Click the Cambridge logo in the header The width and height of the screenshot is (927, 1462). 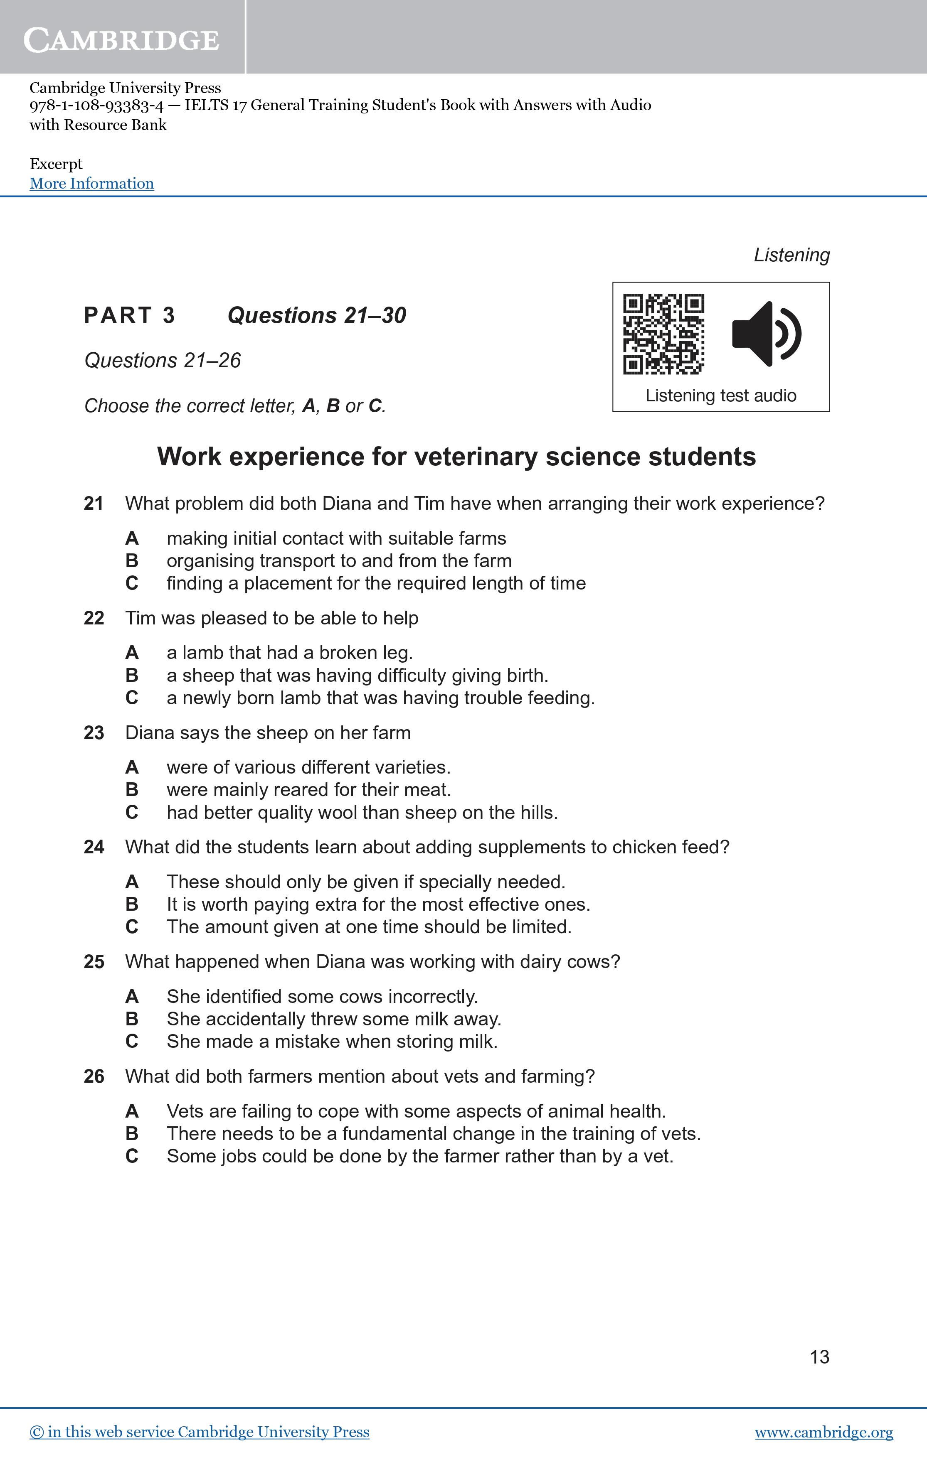pyautogui.click(x=121, y=40)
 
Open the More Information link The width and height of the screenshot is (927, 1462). pyautogui.click(x=92, y=183)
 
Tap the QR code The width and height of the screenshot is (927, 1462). pyautogui.click(x=663, y=334)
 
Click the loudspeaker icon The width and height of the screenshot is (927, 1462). pyautogui.click(x=767, y=334)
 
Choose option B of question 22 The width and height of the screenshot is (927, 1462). pyautogui.click(x=132, y=675)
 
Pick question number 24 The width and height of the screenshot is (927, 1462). pyautogui.click(x=94, y=847)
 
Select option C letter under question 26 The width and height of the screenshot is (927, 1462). pyautogui.click(x=132, y=1156)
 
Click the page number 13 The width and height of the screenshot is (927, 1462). pyautogui.click(x=819, y=1357)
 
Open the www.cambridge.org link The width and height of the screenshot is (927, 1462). pyautogui.click(x=824, y=1432)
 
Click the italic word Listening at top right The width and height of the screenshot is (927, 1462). pyautogui.click(x=791, y=255)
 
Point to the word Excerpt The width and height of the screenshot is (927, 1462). pyautogui.click(x=56, y=164)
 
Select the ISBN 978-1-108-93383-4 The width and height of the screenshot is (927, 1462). pyautogui.click(x=96, y=106)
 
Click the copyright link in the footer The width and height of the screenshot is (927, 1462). pyautogui.click(x=199, y=1432)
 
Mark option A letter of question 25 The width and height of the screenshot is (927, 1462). pyautogui.click(x=132, y=996)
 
